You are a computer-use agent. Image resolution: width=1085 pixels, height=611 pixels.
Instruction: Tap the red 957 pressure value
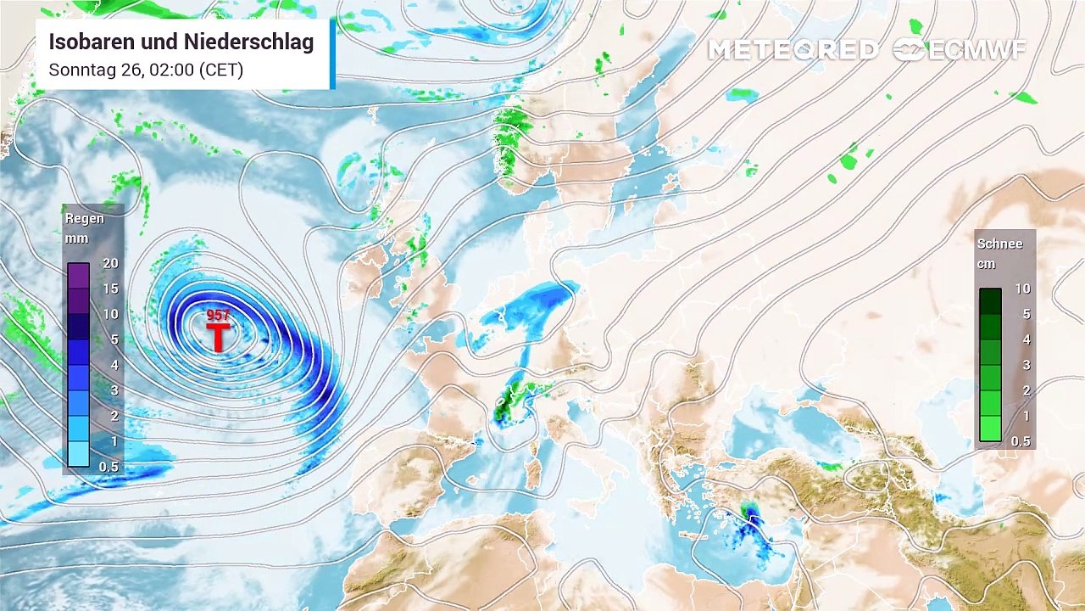coord(218,316)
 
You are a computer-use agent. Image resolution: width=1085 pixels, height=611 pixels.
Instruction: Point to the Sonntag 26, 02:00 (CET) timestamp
coord(146,70)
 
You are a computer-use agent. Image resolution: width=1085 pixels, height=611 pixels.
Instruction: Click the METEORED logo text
coord(793,50)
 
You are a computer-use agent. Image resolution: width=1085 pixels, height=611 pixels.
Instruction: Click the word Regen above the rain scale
coord(85,218)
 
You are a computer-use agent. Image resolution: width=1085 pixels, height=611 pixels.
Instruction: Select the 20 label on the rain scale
coord(110,263)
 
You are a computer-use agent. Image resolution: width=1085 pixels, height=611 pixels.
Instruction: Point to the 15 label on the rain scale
coord(110,289)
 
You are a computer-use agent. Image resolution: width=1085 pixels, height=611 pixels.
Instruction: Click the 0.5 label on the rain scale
coord(108,467)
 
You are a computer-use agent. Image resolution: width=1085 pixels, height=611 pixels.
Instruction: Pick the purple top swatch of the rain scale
coord(78,276)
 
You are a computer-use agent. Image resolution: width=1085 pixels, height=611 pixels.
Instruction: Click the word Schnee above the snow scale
coord(999,244)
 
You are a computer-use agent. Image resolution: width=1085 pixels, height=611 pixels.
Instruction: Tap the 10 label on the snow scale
coord(1023,289)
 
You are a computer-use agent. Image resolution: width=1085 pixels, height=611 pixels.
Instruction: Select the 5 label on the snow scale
coord(1026,314)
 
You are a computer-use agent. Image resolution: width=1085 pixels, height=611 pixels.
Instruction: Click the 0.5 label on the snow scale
coord(1021,441)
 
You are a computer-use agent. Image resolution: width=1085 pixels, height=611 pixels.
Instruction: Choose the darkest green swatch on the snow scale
coord(990,301)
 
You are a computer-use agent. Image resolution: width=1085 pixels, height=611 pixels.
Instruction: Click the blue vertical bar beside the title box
coord(332,54)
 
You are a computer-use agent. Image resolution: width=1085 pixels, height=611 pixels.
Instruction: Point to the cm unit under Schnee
coord(986,264)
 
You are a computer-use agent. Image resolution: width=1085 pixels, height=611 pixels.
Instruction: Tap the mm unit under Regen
coord(76,238)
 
